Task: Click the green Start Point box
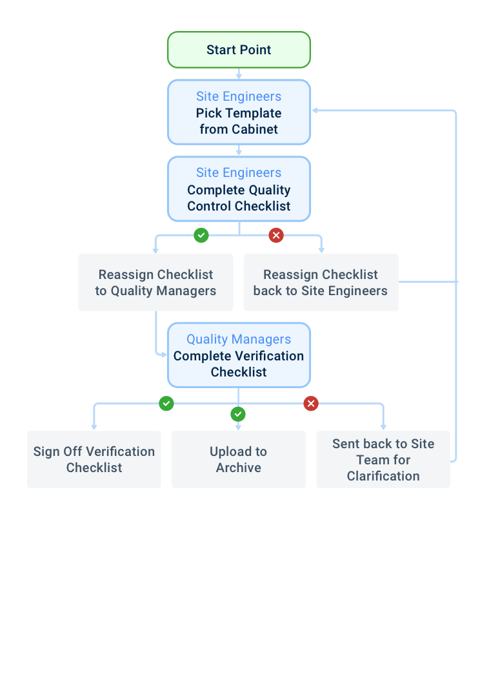(x=239, y=50)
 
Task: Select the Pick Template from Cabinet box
(x=239, y=112)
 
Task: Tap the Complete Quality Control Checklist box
(x=239, y=189)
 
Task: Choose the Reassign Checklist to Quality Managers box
(x=155, y=282)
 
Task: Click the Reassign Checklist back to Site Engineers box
(x=321, y=282)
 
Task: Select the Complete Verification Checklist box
(x=239, y=355)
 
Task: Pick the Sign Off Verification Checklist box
(x=94, y=459)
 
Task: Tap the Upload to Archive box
(x=239, y=459)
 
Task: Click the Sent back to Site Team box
(x=383, y=459)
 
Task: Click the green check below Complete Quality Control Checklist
(x=201, y=235)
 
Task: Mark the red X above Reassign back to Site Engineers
(x=276, y=235)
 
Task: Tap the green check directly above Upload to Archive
(x=238, y=414)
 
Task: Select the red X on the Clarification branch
(x=311, y=404)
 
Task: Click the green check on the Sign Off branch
(x=166, y=404)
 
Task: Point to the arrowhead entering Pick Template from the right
(x=315, y=110)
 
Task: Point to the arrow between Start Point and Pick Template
(x=239, y=74)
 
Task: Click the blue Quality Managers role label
(x=239, y=339)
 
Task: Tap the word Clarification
(x=383, y=476)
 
